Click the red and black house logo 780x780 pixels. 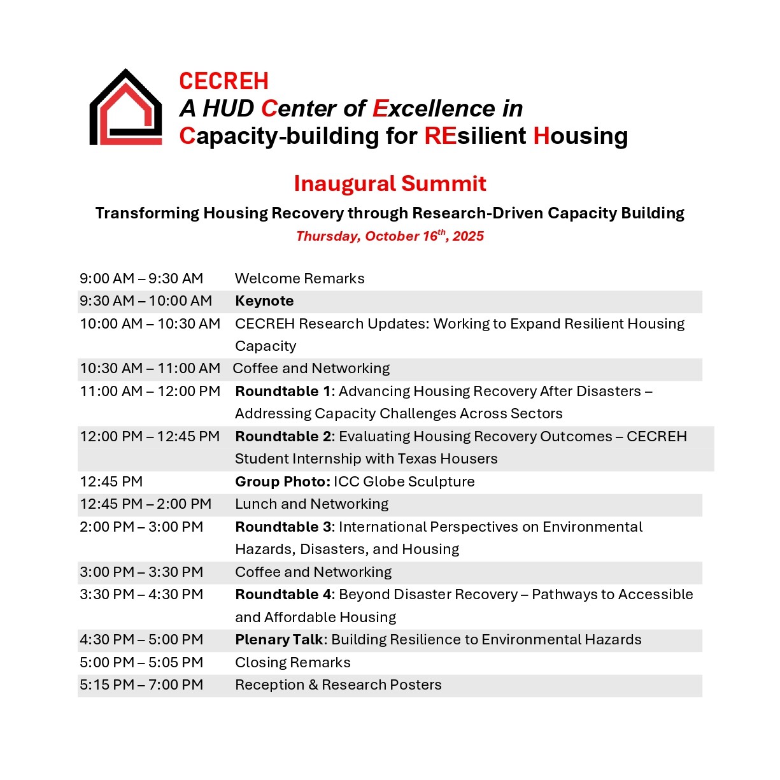coord(125,108)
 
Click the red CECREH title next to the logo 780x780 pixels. coord(223,82)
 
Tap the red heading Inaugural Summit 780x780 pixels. coord(390,183)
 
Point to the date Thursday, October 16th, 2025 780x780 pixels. coord(390,236)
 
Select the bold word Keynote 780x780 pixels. coord(264,301)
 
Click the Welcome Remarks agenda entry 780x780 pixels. coord(299,278)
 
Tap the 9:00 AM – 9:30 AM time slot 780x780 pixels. coord(141,278)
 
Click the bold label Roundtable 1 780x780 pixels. coord(277,391)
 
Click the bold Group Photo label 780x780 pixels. coord(283,481)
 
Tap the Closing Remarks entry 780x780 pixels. coord(292,662)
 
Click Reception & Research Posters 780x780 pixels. coord(338,684)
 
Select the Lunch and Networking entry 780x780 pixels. coord(311,504)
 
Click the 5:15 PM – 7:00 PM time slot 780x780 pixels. coord(141,684)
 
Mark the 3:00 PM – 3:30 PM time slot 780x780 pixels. coord(141,572)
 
